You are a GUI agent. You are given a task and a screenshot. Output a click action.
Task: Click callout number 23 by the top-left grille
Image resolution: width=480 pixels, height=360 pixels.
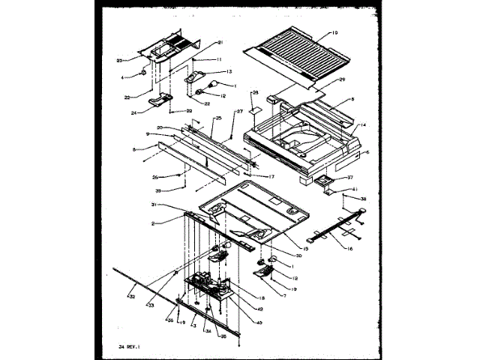(x=119, y=60)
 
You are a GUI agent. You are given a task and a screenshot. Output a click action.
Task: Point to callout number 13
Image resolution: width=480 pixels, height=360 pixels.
(x=228, y=70)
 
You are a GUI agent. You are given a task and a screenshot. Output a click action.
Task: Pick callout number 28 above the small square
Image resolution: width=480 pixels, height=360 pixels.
(x=255, y=93)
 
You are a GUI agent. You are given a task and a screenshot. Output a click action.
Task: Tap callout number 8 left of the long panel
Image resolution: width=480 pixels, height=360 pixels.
(x=134, y=150)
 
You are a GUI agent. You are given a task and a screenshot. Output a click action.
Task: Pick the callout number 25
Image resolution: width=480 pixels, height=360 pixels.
(x=218, y=118)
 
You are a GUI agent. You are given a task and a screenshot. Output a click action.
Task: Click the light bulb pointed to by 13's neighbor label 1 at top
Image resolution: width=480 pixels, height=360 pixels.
(x=213, y=85)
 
